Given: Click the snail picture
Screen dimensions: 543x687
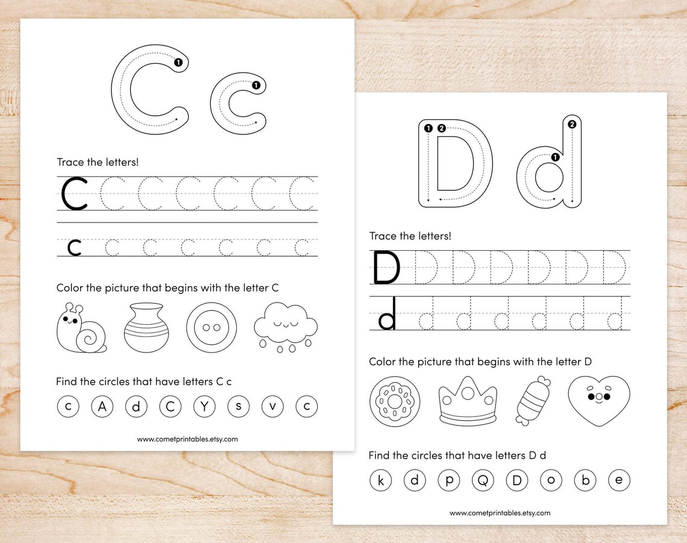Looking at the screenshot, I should click(x=81, y=329).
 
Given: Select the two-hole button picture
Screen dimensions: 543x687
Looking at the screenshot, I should click(x=212, y=328).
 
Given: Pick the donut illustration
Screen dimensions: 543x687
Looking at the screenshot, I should click(x=395, y=401).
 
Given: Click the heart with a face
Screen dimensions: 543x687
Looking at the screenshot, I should click(x=598, y=398).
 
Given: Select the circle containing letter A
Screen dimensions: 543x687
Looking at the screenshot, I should click(x=102, y=407).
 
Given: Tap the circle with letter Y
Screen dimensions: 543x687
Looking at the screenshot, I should click(x=204, y=407).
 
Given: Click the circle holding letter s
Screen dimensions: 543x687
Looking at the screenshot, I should click(x=239, y=407).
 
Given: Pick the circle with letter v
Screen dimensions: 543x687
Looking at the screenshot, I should click(x=272, y=407).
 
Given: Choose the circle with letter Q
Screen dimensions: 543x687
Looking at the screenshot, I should click(x=483, y=480).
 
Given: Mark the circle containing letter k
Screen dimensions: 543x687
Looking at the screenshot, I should click(x=380, y=480).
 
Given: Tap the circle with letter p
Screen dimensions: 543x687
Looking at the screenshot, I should click(x=449, y=480).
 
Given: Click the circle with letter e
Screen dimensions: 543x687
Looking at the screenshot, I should click(x=619, y=480).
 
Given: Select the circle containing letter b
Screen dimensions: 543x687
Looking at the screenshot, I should click(x=585, y=480).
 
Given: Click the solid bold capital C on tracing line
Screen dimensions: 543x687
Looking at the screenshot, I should click(x=75, y=194).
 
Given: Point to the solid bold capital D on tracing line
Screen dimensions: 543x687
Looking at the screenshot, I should click(x=386, y=268).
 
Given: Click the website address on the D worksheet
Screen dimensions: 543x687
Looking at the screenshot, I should click(x=500, y=513).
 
